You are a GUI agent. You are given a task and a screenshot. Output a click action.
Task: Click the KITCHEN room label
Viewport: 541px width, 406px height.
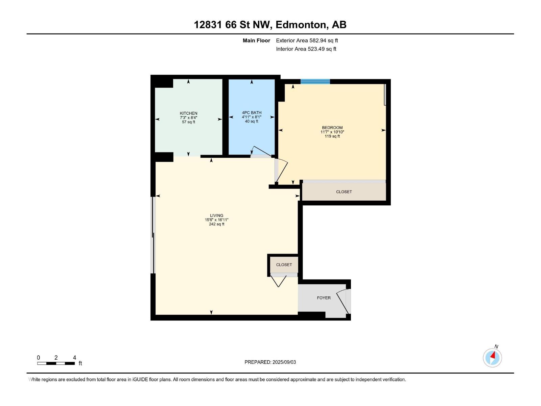tap(188, 113)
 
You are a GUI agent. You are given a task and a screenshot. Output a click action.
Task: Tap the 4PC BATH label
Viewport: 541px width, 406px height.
tap(252, 113)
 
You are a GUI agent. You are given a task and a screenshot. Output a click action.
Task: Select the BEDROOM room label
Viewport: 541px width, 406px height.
tap(332, 128)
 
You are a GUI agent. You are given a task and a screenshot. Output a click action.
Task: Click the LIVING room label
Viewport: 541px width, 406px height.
tap(216, 216)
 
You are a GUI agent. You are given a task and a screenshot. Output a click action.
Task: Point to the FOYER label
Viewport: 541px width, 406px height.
tap(324, 298)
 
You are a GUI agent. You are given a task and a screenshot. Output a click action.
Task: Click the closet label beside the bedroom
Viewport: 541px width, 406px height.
tap(344, 192)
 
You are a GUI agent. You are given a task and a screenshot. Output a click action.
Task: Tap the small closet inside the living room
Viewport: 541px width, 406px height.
tap(284, 265)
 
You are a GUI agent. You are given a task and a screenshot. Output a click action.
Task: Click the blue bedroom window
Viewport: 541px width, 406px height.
tap(315, 81)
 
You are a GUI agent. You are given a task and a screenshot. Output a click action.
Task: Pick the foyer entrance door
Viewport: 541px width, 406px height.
tap(343, 301)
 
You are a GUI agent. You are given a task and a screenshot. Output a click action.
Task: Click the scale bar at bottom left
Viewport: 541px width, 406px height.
tap(56, 363)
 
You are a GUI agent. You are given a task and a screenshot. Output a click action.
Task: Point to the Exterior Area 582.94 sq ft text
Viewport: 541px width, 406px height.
tap(307, 41)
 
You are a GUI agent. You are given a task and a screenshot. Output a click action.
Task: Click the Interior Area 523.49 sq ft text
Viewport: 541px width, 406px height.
tap(306, 49)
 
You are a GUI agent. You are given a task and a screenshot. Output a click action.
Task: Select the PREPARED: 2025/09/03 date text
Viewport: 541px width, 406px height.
tap(270, 362)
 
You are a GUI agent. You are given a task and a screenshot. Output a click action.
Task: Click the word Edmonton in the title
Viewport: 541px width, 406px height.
tap(301, 25)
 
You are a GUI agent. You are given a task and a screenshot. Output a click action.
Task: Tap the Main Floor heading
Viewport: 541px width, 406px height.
tap(256, 41)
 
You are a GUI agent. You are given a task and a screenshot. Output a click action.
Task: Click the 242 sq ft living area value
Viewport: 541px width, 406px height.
tap(216, 224)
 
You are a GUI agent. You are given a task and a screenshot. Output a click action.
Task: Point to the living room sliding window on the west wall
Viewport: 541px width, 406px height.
tap(153, 235)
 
